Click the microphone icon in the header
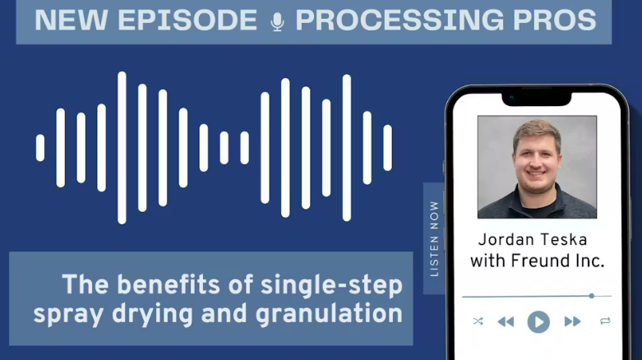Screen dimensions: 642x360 pos(277,21)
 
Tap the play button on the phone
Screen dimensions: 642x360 pos(538,322)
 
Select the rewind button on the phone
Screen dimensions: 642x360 pos(506,322)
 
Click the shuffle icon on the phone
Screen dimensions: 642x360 pos(478,321)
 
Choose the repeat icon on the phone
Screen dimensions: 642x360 pos(605,321)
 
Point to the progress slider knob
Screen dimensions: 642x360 pos(592,296)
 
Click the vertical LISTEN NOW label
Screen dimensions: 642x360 pos(434,239)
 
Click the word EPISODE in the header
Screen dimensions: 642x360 pos(187,20)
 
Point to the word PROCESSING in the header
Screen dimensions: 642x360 pos(400,20)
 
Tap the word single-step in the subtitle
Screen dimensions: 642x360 pos(331,285)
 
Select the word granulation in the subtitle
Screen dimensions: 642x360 pos(329,314)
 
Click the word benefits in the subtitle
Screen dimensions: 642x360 pos(169,284)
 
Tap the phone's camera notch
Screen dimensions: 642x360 pos(536,99)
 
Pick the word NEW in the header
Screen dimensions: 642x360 pos(72,20)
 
